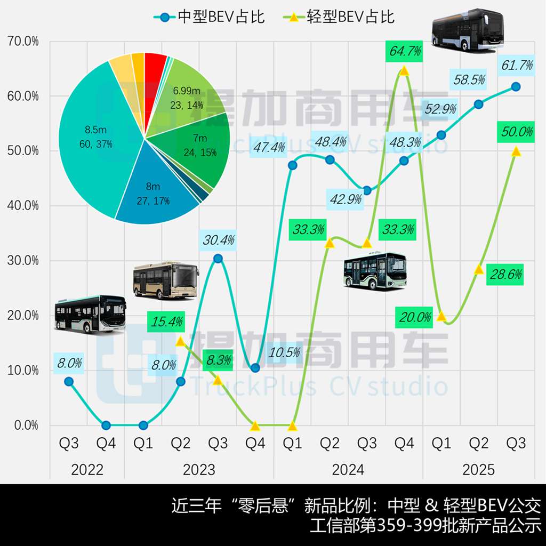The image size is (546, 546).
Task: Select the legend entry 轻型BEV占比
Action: point(338,17)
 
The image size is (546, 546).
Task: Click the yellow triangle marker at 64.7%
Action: point(404,71)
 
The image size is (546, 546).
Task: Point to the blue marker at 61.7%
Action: point(516,86)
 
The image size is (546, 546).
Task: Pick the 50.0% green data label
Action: point(516,132)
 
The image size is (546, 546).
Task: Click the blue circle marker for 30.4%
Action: point(218,259)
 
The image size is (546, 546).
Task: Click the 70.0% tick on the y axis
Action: point(22,41)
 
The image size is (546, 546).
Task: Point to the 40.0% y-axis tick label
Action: point(22,206)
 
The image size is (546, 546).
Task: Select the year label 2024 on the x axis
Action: point(348,470)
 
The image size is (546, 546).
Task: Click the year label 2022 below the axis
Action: point(87,470)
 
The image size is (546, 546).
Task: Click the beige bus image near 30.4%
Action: point(165,279)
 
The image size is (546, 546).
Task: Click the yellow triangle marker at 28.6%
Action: point(478,269)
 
